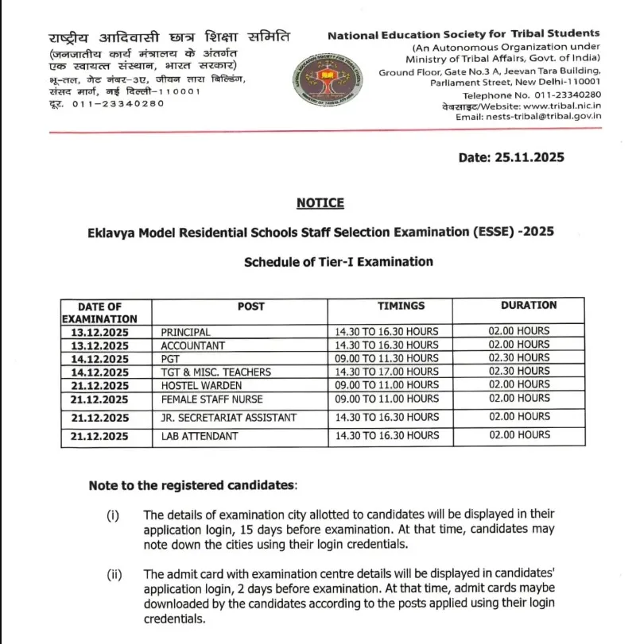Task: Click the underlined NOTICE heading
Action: point(320,203)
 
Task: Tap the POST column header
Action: point(250,306)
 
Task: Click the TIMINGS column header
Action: point(401,306)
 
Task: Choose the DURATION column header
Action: point(529,305)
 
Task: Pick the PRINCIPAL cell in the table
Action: point(185,331)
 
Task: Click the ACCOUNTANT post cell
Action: point(192,345)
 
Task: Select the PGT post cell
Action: point(171,359)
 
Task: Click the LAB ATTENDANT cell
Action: point(200,435)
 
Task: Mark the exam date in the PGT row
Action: point(99,359)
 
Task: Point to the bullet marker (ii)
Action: point(114,574)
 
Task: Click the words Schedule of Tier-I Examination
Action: point(339,261)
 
